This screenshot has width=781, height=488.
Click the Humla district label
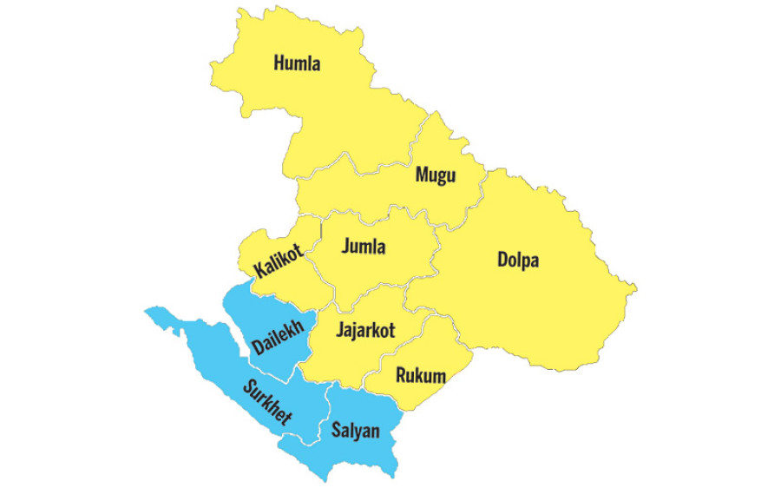297,63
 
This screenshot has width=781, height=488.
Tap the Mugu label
435,175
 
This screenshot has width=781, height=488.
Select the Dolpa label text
518,260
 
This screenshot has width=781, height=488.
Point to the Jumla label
364,247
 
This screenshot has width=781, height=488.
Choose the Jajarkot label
364,330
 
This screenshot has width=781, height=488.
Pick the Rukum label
420,376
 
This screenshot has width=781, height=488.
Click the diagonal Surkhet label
267,402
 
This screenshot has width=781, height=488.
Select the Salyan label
356,430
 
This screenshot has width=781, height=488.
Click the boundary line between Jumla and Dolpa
434,260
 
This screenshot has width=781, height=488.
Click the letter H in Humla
279,63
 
